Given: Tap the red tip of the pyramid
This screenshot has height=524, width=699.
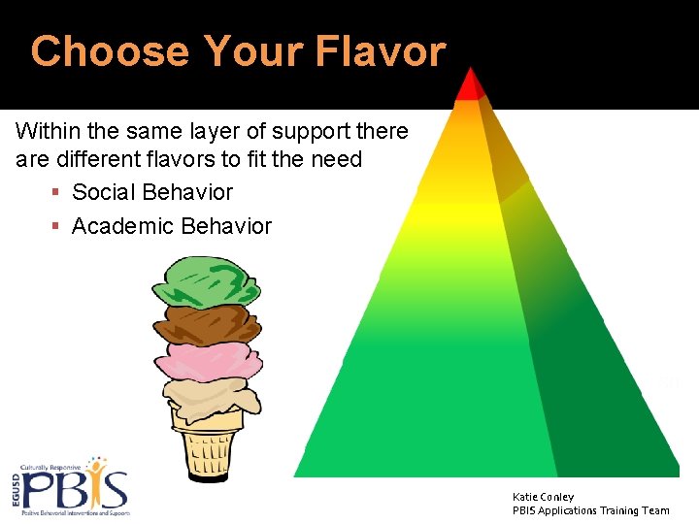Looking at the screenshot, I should [471, 85].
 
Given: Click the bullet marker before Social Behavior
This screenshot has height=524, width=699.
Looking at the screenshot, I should [55, 193].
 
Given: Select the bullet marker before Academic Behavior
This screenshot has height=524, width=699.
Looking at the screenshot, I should [55, 227].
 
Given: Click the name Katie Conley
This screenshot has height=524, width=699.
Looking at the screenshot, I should [543, 497].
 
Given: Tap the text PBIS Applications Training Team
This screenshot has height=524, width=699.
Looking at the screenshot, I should [590, 510].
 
